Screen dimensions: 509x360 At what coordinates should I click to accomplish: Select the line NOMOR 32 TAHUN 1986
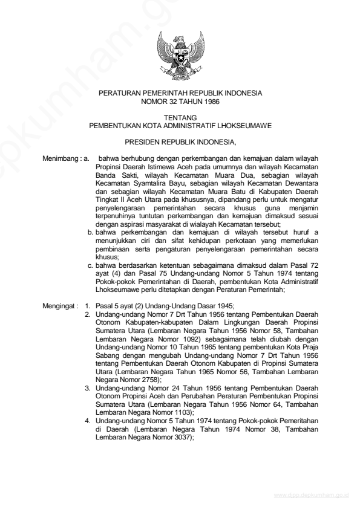coord(180,101)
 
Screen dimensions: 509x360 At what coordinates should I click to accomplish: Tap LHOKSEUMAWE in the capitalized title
coord(246,126)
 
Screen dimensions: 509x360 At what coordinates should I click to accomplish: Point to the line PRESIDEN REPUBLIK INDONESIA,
coord(180,143)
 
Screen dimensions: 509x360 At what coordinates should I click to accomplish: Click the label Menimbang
coord(59,158)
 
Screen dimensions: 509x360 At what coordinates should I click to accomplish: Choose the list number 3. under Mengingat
coord(87,386)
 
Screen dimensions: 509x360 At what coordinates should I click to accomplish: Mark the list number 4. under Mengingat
coord(87,419)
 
